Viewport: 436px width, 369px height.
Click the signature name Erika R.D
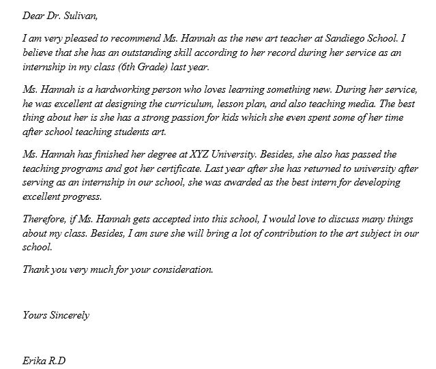[44, 361]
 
